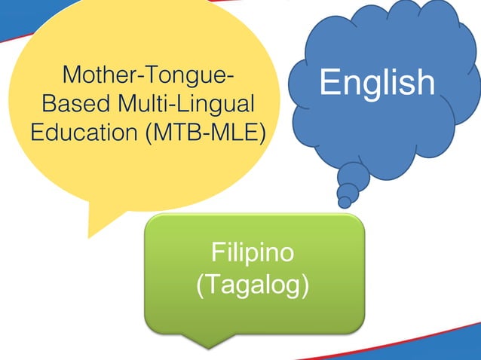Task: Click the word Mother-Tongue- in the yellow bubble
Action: (x=148, y=75)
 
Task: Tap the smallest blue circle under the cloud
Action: (x=345, y=202)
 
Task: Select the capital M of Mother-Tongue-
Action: (x=72, y=75)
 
